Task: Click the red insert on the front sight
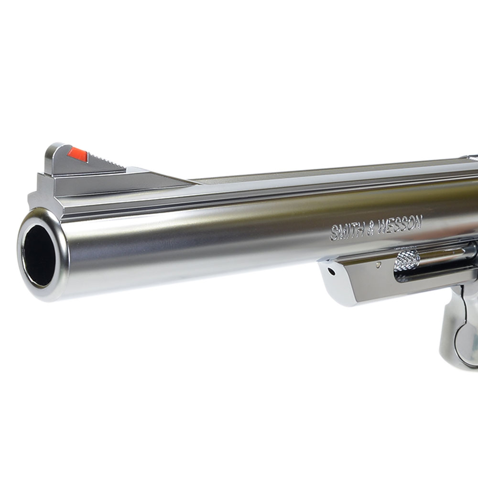[x=78, y=154]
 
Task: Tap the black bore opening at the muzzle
[x=39, y=255]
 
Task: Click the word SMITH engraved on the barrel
[x=347, y=232]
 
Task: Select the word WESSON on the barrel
[x=400, y=224]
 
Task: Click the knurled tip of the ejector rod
[x=407, y=260]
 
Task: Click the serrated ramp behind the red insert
[x=107, y=162]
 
